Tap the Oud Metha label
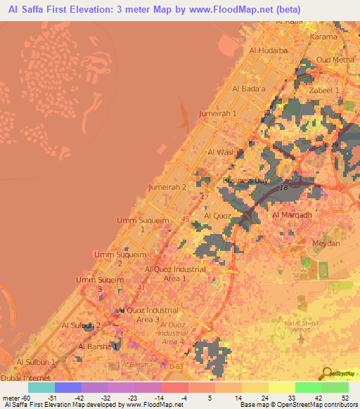click(333, 60)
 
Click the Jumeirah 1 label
click(218, 113)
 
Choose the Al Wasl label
click(220, 152)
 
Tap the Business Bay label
click(246, 181)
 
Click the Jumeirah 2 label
click(167, 188)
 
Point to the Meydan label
click(326, 243)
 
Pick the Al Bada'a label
click(248, 89)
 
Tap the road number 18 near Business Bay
click(284, 189)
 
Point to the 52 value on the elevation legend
click(345, 398)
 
